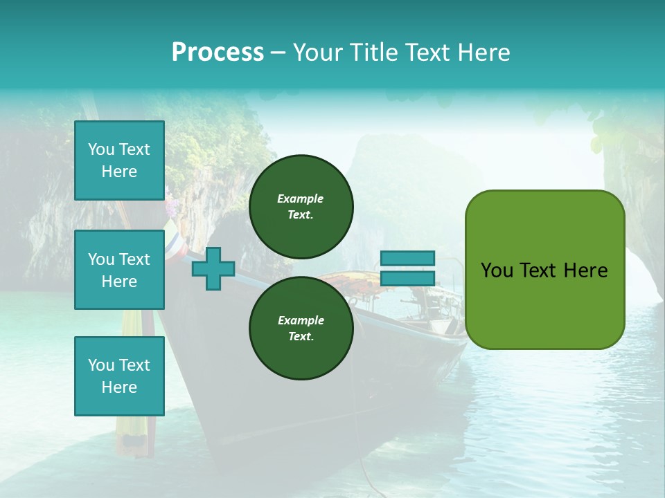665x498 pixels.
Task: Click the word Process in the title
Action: pos(218,53)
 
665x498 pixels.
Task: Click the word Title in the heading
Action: pos(372,53)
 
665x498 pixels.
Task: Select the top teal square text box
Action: pos(119,160)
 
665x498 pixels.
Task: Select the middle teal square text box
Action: pos(119,270)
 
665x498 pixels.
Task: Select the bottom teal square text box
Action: pos(119,376)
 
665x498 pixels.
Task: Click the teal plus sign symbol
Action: pos(213,269)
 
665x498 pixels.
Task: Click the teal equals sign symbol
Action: pos(407,268)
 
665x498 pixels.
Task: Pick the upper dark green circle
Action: pos(301,206)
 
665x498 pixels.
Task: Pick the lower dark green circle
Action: pos(301,328)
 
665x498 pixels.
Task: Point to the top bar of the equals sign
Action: pos(407,258)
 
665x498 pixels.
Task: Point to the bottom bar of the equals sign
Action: pos(407,278)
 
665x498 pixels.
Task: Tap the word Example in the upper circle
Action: pos(301,199)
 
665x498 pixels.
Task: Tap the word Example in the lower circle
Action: pos(301,320)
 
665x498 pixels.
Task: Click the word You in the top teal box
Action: pos(101,149)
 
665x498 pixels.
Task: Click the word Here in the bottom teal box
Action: pos(119,387)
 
